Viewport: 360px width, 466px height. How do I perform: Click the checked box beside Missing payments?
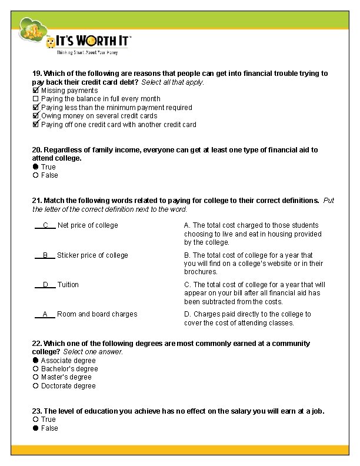tap(35, 91)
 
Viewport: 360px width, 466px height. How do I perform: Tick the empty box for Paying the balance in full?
tap(35, 99)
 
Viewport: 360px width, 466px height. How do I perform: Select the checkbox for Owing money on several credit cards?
tap(35, 116)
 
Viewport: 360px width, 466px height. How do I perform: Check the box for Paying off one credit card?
tap(35, 125)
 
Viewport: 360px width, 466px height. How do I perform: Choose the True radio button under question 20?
tap(35, 167)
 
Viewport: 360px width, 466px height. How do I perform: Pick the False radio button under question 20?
tap(35, 175)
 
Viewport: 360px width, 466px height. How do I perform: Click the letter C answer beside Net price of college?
tap(45, 225)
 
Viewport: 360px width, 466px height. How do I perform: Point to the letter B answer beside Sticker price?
tap(45, 255)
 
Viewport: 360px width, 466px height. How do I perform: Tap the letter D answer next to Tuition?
tap(45, 285)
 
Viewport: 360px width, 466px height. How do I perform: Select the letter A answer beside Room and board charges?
tap(45, 314)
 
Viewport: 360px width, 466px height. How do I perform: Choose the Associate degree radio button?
tap(35, 361)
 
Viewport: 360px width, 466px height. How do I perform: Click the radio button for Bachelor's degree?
tap(35, 369)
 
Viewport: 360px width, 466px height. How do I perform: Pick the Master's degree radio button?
tap(35, 377)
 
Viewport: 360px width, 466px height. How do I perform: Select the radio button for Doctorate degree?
tap(35, 386)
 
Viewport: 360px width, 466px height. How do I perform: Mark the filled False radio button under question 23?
tap(35, 428)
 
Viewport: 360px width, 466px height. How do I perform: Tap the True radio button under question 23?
tap(35, 420)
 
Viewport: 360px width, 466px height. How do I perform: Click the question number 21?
tap(36, 201)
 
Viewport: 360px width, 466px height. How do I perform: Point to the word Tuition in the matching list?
tap(68, 285)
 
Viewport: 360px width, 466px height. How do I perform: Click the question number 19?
tap(36, 74)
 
